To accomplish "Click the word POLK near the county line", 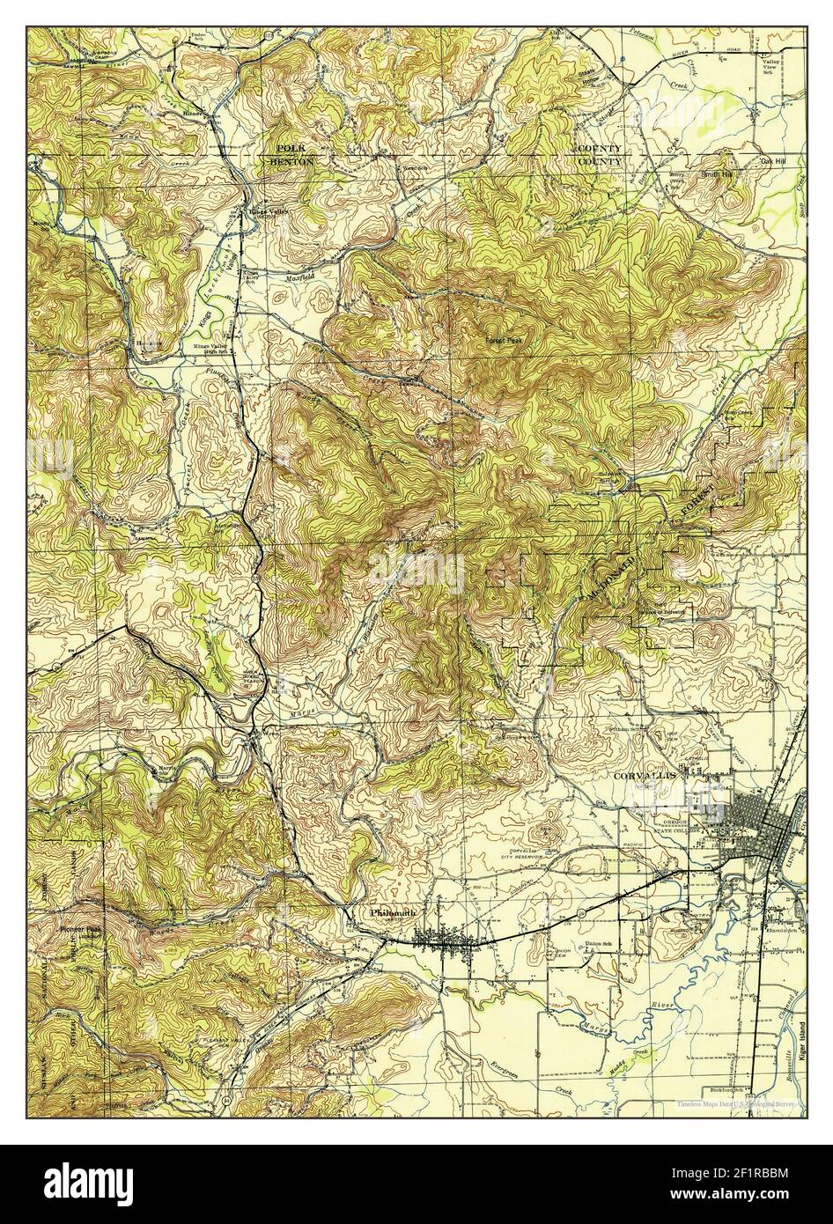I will pyautogui.click(x=288, y=149).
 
